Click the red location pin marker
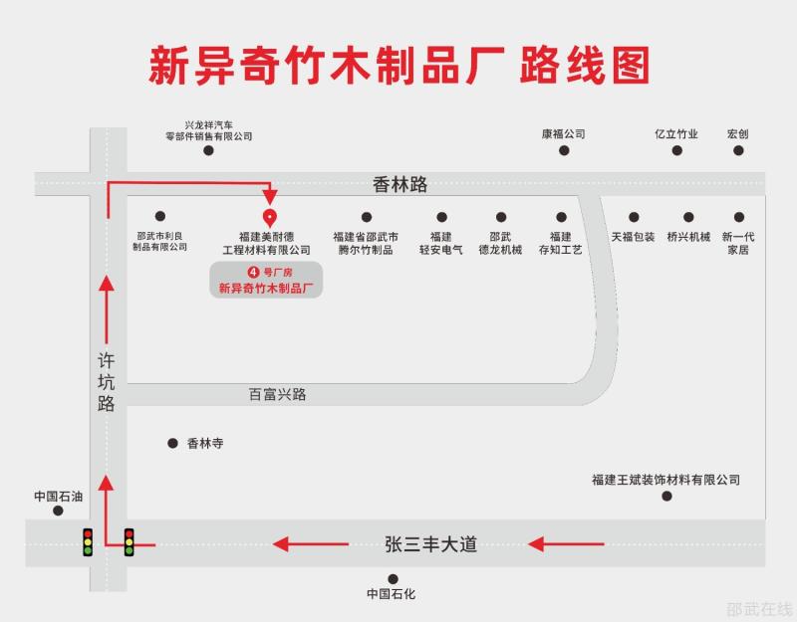click(269, 218)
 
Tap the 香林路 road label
click(400, 184)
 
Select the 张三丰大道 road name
click(431, 544)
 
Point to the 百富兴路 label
click(278, 394)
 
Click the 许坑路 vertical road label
click(107, 382)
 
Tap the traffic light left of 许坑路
click(88, 542)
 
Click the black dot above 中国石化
click(393, 579)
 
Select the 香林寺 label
click(205, 443)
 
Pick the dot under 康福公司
click(564, 150)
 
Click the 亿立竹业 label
click(676, 134)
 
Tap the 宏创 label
click(738, 134)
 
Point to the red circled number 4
click(253, 272)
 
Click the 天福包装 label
click(633, 237)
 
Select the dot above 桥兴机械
click(688, 217)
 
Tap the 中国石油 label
click(59, 496)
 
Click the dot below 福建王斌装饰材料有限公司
click(666, 496)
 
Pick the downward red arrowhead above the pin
click(270, 197)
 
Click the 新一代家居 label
click(738, 243)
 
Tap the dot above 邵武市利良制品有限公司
click(160, 216)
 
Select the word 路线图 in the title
click(585, 65)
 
